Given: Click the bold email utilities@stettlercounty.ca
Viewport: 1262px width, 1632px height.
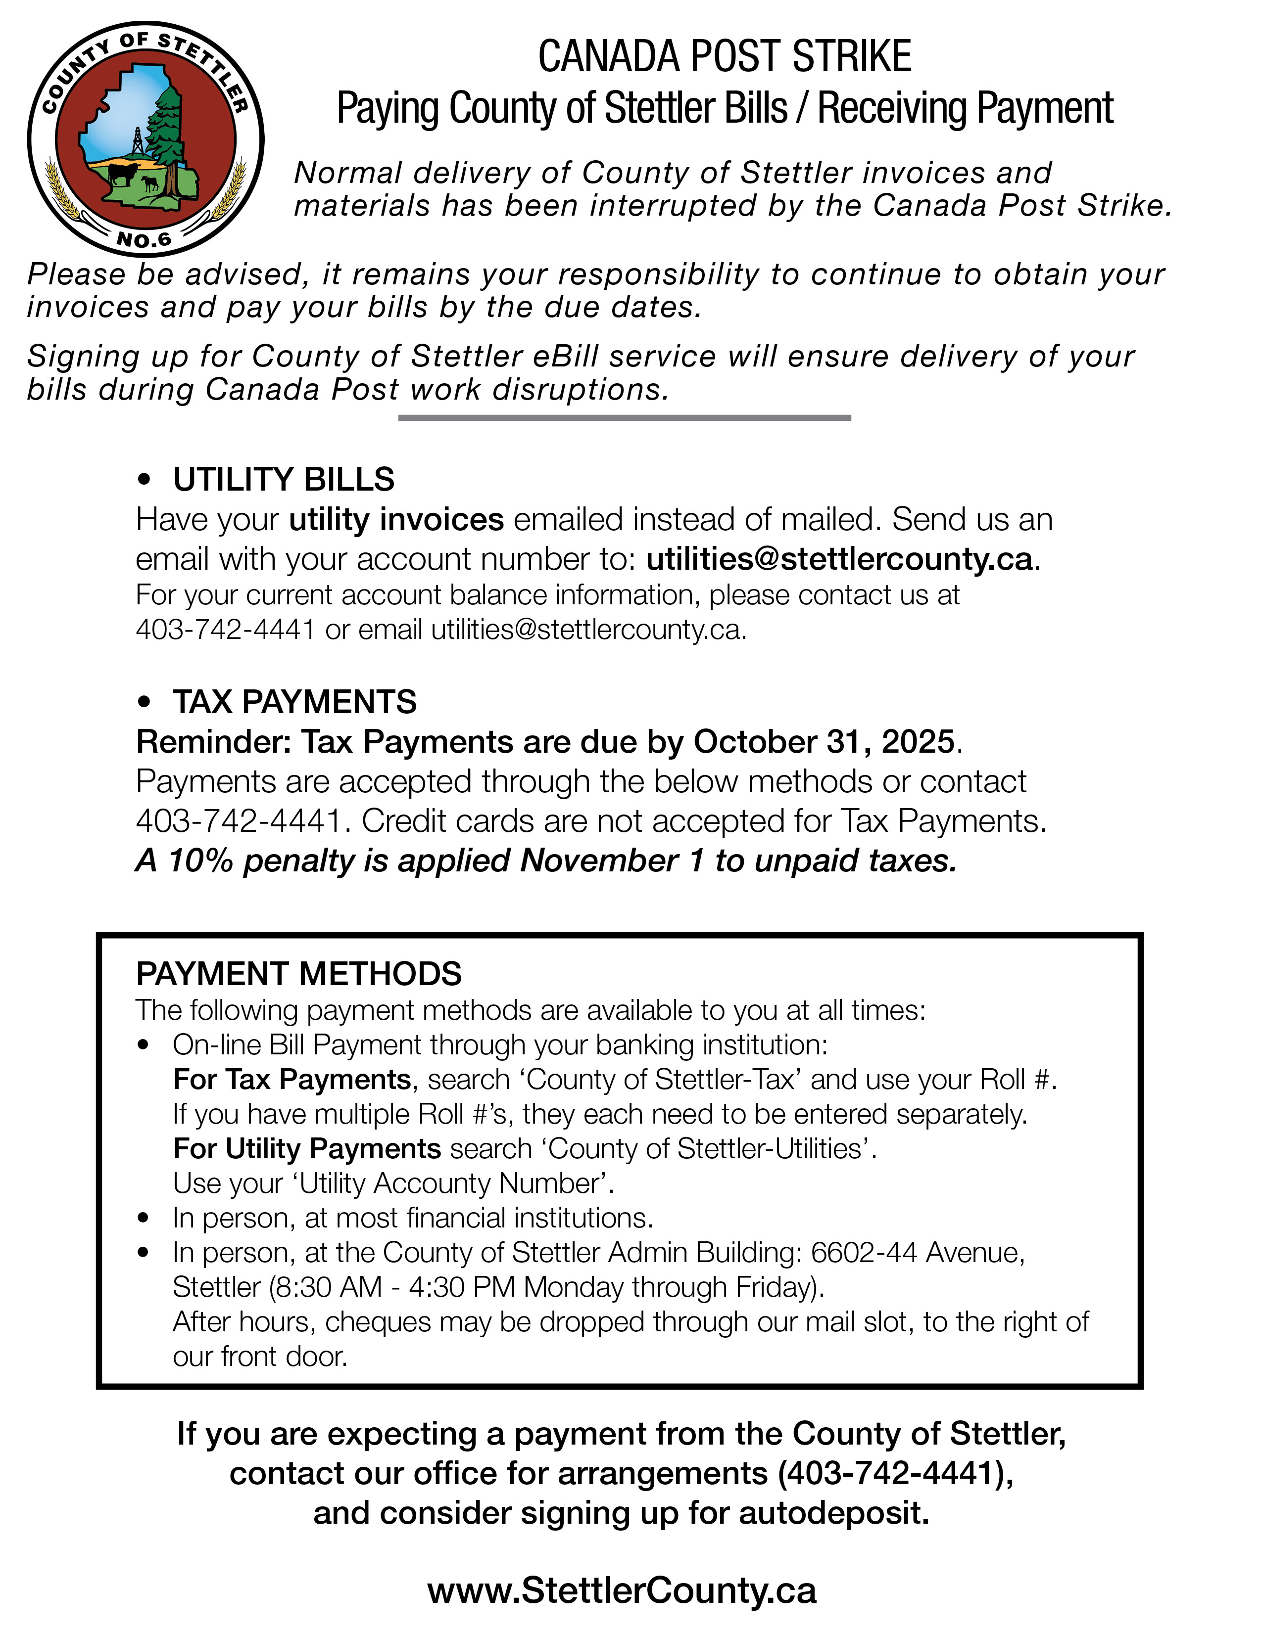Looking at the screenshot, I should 839,559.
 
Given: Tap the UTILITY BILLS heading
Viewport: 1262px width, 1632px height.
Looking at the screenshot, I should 284,480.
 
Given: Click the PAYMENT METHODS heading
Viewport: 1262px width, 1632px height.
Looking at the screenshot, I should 299,974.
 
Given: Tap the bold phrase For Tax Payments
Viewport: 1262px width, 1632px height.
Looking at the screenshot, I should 291,1079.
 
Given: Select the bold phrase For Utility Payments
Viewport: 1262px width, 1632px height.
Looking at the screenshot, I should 306,1148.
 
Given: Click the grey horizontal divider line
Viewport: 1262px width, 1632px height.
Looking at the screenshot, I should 624,418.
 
